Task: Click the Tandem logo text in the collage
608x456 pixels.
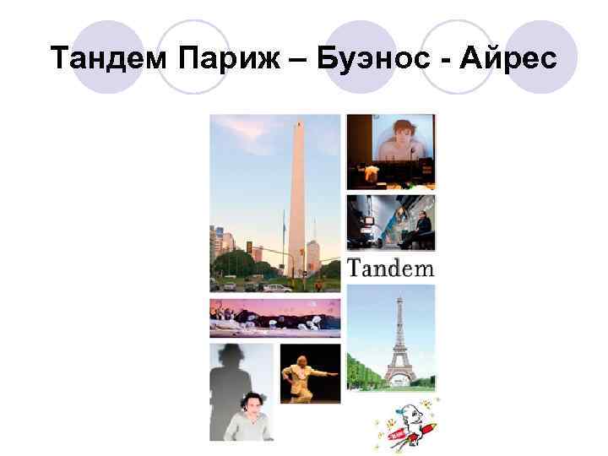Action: (390, 269)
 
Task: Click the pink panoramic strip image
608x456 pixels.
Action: (274, 318)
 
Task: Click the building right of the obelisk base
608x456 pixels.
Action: (315, 258)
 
